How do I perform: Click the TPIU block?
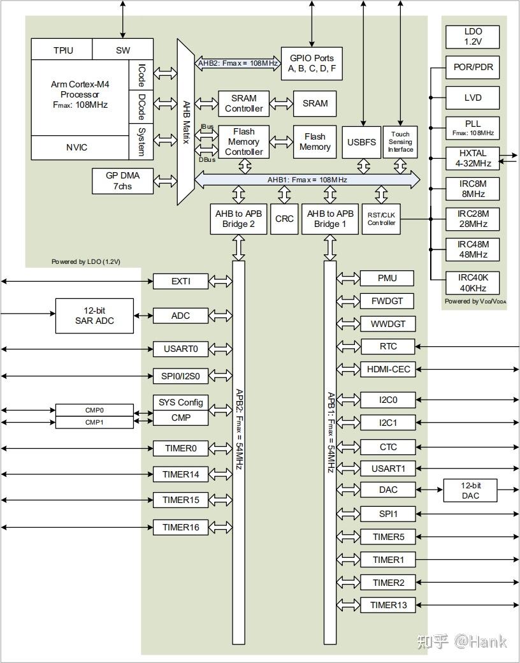click(x=62, y=50)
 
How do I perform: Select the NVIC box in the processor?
click(x=80, y=147)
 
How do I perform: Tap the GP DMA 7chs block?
click(x=122, y=180)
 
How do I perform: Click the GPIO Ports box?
click(x=312, y=63)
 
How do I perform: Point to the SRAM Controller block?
click(x=243, y=103)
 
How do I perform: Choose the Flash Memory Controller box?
click(x=243, y=142)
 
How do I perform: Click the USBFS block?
click(x=361, y=142)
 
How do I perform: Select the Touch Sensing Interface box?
click(x=400, y=142)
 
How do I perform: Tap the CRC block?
click(x=284, y=219)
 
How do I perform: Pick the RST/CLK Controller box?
click(x=381, y=219)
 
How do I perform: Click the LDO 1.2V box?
click(x=473, y=37)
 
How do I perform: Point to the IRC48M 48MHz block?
click(x=473, y=249)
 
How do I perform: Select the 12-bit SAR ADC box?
click(x=95, y=316)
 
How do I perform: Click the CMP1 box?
click(x=95, y=422)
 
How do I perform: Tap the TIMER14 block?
click(x=180, y=474)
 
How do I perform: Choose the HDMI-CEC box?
click(x=388, y=369)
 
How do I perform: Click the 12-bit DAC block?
click(x=470, y=490)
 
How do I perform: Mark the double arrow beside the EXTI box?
click(x=220, y=281)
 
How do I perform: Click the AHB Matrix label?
click(x=186, y=122)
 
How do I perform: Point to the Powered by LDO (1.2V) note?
click(x=86, y=262)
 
